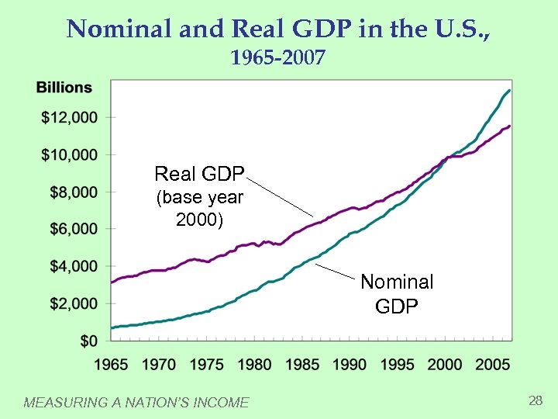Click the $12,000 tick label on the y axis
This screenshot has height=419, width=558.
coord(70,117)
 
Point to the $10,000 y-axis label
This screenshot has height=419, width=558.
coord(70,154)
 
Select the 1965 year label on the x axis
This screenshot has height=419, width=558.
coord(112,363)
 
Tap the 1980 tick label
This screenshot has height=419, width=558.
coord(255,363)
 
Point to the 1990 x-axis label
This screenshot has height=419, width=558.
coord(350,363)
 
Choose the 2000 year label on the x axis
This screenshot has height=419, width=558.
coord(446,363)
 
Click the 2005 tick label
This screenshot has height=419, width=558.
coord(493,363)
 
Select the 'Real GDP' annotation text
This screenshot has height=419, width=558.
coord(199,173)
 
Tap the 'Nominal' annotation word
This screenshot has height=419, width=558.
coord(397,282)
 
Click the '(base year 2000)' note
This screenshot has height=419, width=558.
coord(199,209)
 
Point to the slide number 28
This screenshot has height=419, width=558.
coord(535,400)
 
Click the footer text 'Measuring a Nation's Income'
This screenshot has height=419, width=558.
coord(136,402)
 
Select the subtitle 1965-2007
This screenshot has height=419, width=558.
coord(278,58)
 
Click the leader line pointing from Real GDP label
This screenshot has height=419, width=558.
coord(281,196)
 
